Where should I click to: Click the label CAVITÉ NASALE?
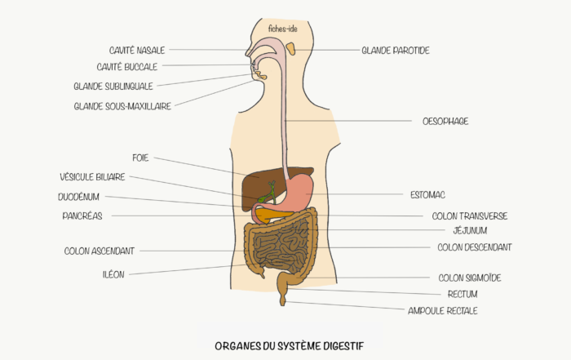click(x=136, y=50)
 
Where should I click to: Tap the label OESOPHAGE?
click(x=445, y=121)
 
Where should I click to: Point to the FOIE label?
click(x=140, y=158)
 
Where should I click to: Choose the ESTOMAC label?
click(x=427, y=195)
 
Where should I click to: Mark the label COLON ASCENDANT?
click(x=99, y=251)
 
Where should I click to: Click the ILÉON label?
click(x=113, y=274)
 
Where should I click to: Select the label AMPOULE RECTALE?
click(x=442, y=310)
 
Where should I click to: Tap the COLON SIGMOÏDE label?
click(x=469, y=278)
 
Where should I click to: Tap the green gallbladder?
click(x=263, y=197)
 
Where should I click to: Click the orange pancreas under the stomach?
click(x=269, y=214)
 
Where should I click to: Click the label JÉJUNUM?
click(x=470, y=231)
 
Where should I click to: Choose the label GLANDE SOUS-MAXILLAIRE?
click(x=122, y=106)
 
